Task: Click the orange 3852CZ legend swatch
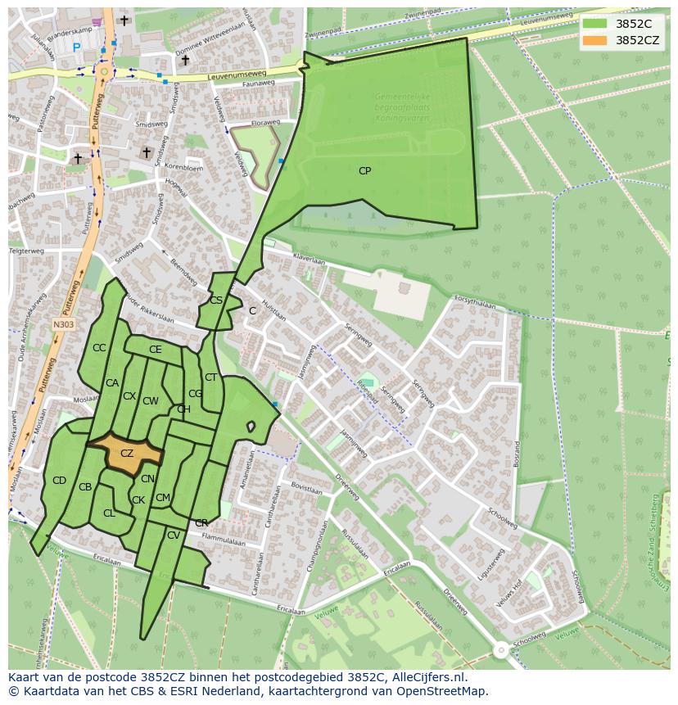point(595,40)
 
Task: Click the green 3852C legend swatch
point(595,24)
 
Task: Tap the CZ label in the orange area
point(127,454)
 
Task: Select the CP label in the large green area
point(364,171)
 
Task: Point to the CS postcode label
point(216,301)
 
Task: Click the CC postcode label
point(99,348)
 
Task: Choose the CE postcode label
point(155,350)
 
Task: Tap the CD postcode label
point(59,481)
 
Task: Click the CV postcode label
point(173,536)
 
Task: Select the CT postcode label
point(210,377)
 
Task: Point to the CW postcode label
point(150,401)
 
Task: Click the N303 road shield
point(63,325)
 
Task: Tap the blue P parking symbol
point(77,47)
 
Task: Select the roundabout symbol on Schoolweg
point(500,650)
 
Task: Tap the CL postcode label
point(109,513)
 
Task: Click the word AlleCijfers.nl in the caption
point(426,677)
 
